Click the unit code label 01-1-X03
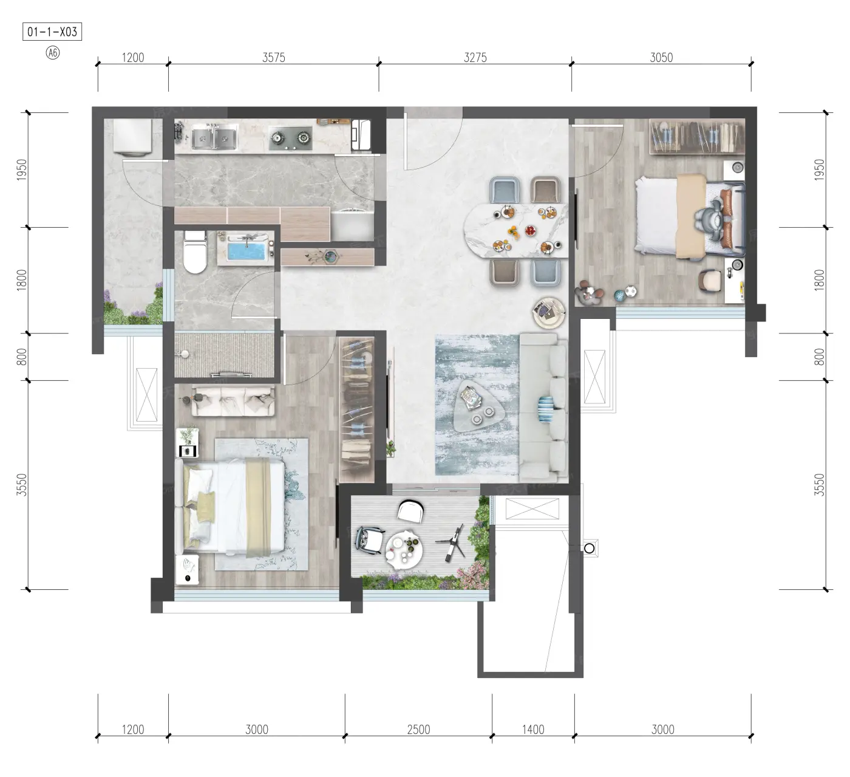(52, 32)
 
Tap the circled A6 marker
(53, 53)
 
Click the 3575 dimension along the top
(274, 57)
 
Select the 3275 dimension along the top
(475, 57)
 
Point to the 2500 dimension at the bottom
(419, 730)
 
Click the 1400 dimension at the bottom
(533, 730)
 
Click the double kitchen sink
(214, 137)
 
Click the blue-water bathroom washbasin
(245, 250)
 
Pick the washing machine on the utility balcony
(132, 135)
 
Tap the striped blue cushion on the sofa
(546, 409)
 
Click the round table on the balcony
(404, 550)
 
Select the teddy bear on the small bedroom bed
(709, 219)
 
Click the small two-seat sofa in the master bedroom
(233, 401)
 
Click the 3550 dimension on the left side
(21, 485)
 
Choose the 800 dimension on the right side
(820, 357)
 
